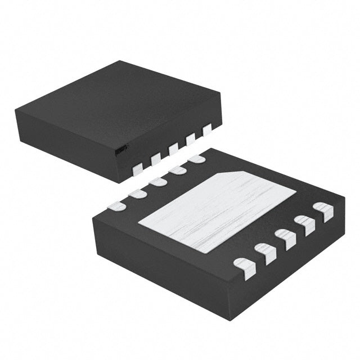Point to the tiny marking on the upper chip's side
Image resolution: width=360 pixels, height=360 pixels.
tap(120, 151)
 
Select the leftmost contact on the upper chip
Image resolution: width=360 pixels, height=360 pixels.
tap(137, 167)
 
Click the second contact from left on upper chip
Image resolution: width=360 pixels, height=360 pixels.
tap(155, 158)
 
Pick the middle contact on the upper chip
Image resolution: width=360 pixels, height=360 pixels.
tap(173, 148)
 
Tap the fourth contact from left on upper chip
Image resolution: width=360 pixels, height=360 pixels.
tap(190, 139)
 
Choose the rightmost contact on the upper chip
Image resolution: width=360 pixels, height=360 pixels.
tap(206, 130)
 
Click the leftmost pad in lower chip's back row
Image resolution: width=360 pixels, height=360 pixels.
tap(117, 206)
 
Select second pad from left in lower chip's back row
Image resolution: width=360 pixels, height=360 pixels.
tap(137, 194)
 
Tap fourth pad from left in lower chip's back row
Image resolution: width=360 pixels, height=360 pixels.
tap(177, 170)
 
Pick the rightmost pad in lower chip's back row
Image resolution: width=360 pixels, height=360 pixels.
tap(196, 159)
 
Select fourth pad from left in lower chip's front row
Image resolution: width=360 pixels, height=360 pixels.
tap(306, 225)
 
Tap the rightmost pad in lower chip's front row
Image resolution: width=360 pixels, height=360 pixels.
tap(325, 212)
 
